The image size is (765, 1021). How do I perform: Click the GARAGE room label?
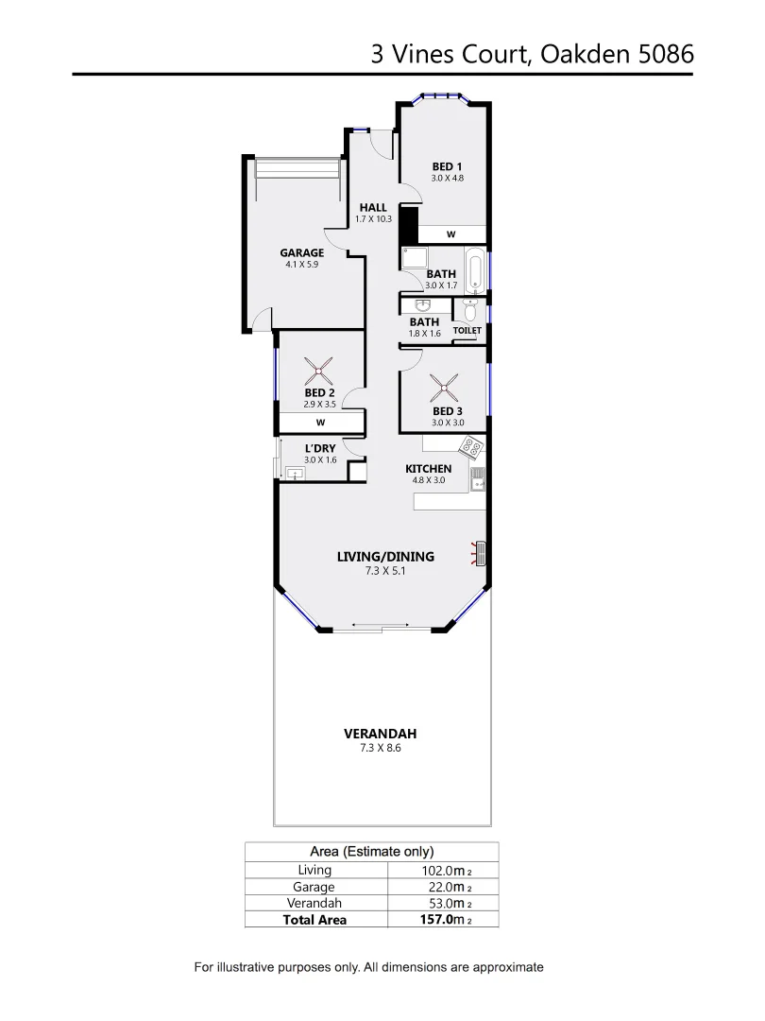pos(301,252)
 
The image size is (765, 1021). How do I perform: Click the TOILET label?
pos(467,331)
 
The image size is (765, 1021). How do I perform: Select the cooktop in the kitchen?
pos(470,446)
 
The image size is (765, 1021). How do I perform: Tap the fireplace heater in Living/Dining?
pos(479,553)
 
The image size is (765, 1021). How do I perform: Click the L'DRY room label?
pos(319,449)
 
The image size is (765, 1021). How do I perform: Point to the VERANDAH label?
pos(380,734)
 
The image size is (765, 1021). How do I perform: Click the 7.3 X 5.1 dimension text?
pos(385,570)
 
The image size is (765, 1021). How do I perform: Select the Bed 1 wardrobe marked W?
pos(450,234)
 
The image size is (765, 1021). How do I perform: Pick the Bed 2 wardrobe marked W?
pos(320,423)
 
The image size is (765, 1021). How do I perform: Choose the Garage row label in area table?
pos(314,887)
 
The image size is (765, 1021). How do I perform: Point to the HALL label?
pos(373,208)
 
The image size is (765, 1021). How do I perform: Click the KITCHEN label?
pos(428,469)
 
